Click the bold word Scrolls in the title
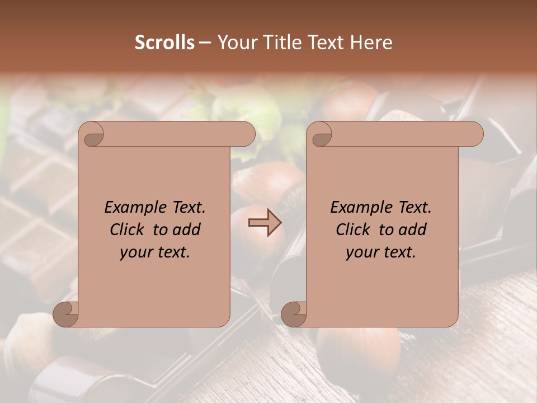pos(164,43)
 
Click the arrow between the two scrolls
pos(265,223)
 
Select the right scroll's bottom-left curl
pos(294,313)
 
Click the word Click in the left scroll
pos(128,230)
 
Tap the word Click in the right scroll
pos(354,230)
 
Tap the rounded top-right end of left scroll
pos(247,134)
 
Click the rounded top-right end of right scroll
pos(475,134)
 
